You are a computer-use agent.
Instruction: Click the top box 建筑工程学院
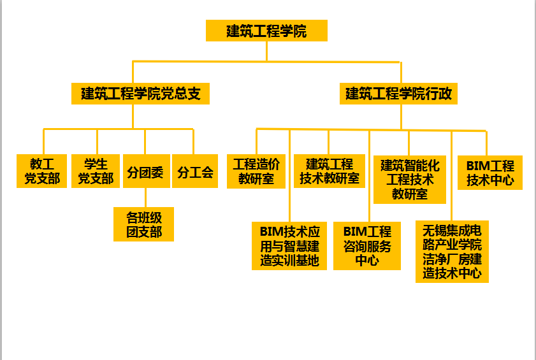[x=266, y=31]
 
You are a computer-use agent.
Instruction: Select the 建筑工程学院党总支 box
[x=141, y=94]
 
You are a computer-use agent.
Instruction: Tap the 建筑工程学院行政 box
[x=400, y=94]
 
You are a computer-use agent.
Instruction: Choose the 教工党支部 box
[x=42, y=171]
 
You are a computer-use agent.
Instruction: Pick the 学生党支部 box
[x=96, y=171]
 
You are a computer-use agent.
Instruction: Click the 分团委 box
[x=145, y=171]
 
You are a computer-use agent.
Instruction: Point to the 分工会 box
[x=195, y=171]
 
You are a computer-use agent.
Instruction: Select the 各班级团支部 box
[x=143, y=224]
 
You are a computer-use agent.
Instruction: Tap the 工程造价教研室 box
[x=256, y=171]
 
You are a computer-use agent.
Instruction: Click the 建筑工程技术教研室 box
[x=329, y=171]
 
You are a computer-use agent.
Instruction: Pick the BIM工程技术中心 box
[x=490, y=173]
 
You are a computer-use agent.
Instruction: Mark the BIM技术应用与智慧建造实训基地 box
[x=289, y=245]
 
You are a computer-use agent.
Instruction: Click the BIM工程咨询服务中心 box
[x=367, y=245]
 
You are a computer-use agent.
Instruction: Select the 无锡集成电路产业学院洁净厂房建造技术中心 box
[x=452, y=252]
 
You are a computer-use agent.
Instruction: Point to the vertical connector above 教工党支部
[x=43, y=141]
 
